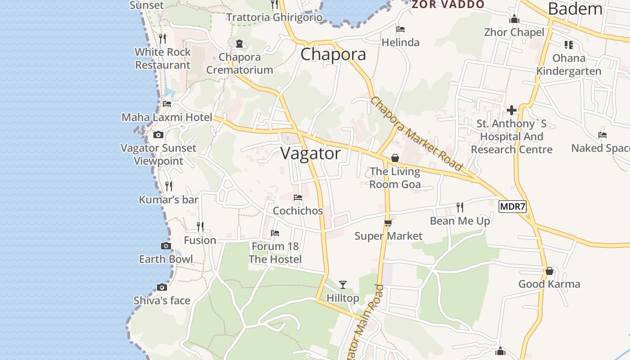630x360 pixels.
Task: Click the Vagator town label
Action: click(x=310, y=153)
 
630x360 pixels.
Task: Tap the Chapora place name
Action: click(x=333, y=54)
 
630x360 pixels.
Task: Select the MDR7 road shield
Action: click(x=513, y=207)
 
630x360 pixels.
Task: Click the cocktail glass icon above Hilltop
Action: click(x=343, y=284)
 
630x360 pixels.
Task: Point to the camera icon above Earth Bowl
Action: click(x=166, y=246)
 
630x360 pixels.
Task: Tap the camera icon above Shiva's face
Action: click(x=162, y=287)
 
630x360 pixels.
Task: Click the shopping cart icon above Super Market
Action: click(x=388, y=223)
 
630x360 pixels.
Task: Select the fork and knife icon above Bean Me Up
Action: click(x=459, y=207)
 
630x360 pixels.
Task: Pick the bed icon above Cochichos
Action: click(x=297, y=197)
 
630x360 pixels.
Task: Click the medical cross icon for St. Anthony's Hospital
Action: click(x=512, y=110)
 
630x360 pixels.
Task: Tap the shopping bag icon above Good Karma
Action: click(x=549, y=271)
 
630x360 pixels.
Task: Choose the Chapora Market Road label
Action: click(x=417, y=134)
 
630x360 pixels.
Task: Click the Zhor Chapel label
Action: click(x=514, y=32)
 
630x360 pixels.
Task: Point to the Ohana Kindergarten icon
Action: click(x=569, y=45)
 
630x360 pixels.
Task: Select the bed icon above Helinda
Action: click(x=400, y=29)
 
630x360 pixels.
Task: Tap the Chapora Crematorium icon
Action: click(x=239, y=44)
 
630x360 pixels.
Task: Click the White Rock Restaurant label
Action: click(x=163, y=58)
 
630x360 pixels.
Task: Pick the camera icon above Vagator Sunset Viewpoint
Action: click(x=158, y=135)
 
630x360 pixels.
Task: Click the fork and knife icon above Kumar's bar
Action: click(x=169, y=186)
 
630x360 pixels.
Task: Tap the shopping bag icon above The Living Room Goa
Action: click(x=395, y=158)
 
